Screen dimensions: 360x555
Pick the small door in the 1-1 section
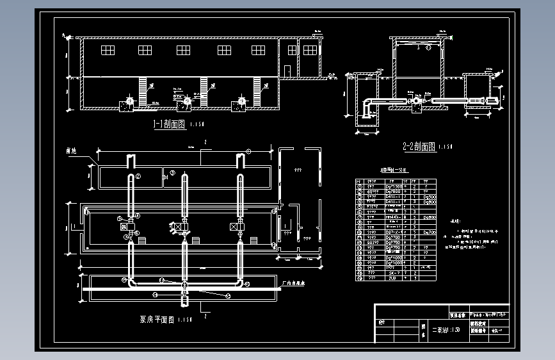pyautogui.click(x=288, y=70)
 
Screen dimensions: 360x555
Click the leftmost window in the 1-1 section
pyautogui.click(x=108, y=50)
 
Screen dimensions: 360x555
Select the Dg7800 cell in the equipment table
pyautogui.click(x=392, y=191)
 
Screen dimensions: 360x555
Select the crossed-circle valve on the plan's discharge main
pyautogui.click(x=184, y=283)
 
